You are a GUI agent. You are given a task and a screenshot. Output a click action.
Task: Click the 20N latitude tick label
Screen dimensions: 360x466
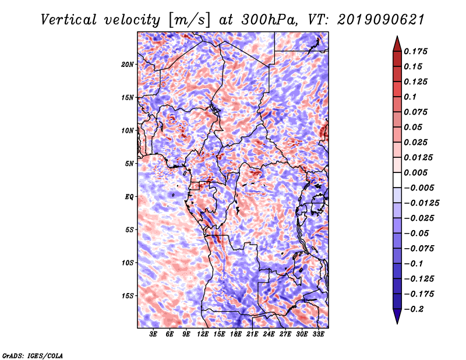(128, 64)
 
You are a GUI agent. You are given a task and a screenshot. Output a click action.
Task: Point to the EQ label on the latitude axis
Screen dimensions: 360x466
(129, 196)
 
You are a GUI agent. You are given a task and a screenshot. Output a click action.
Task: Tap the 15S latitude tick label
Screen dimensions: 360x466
(128, 295)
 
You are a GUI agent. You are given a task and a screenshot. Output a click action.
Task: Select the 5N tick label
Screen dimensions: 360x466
(130, 163)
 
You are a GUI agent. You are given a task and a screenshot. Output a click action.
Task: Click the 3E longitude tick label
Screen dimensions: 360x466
(153, 334)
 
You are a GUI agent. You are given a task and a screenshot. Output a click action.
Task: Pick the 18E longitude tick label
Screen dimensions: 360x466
(236, 334)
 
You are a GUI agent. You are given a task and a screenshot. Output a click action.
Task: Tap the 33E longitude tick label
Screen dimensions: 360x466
(319, 334)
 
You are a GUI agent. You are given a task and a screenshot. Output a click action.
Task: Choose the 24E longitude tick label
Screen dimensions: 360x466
(269, 334)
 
